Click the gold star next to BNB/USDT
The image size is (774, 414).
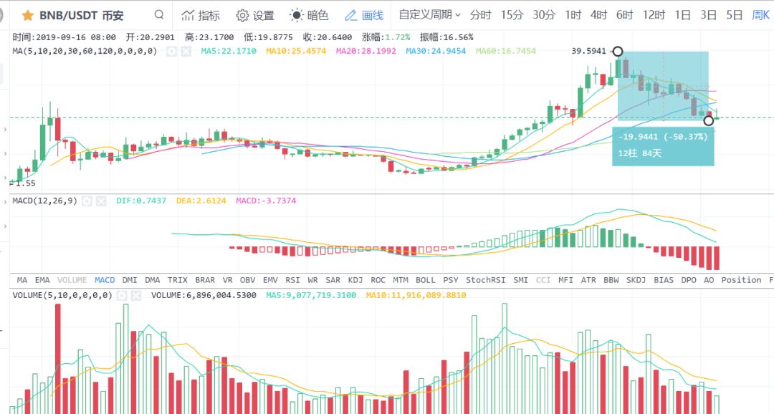point(28,15)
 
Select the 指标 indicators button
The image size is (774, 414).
point(201,15)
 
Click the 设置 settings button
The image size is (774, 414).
point(255,15)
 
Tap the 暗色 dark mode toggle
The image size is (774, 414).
point(309,15)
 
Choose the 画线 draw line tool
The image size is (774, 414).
point(364,15)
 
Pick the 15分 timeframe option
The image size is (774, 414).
point(512,15)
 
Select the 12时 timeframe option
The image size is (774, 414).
point(654,15)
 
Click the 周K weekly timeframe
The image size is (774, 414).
point(760,15)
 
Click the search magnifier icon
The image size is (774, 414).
point(158,15)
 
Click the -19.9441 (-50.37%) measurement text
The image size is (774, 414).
point(662,137)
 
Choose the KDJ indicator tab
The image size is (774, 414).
point(355,280)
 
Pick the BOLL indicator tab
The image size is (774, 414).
point(425,280)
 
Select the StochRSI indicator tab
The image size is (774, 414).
point(484,280)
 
